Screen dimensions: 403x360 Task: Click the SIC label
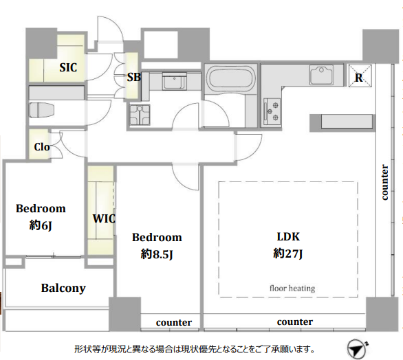point(68,67)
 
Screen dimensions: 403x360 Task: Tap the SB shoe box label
point(134,77)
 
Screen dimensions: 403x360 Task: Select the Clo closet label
point(42,147)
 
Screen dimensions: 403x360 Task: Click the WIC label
point(104,218)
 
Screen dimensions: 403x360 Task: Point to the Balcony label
point(63,289)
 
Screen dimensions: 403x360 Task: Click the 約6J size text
point(41,226)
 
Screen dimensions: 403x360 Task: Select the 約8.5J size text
point(157,254)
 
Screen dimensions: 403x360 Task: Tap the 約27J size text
point(288,254)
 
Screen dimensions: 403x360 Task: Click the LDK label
point(288,237)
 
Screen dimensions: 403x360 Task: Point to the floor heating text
point(292,289)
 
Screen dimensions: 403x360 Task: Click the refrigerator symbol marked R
point(360,76)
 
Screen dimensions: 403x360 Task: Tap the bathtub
point(231,77)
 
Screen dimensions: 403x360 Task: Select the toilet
point(41,110)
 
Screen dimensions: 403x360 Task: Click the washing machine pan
point(140,115)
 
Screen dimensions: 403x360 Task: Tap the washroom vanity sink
point(174,80)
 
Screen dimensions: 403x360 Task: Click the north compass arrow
point(356,350)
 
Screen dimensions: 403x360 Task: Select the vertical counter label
point(384,182)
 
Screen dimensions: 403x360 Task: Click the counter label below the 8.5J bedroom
point(174,322)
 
